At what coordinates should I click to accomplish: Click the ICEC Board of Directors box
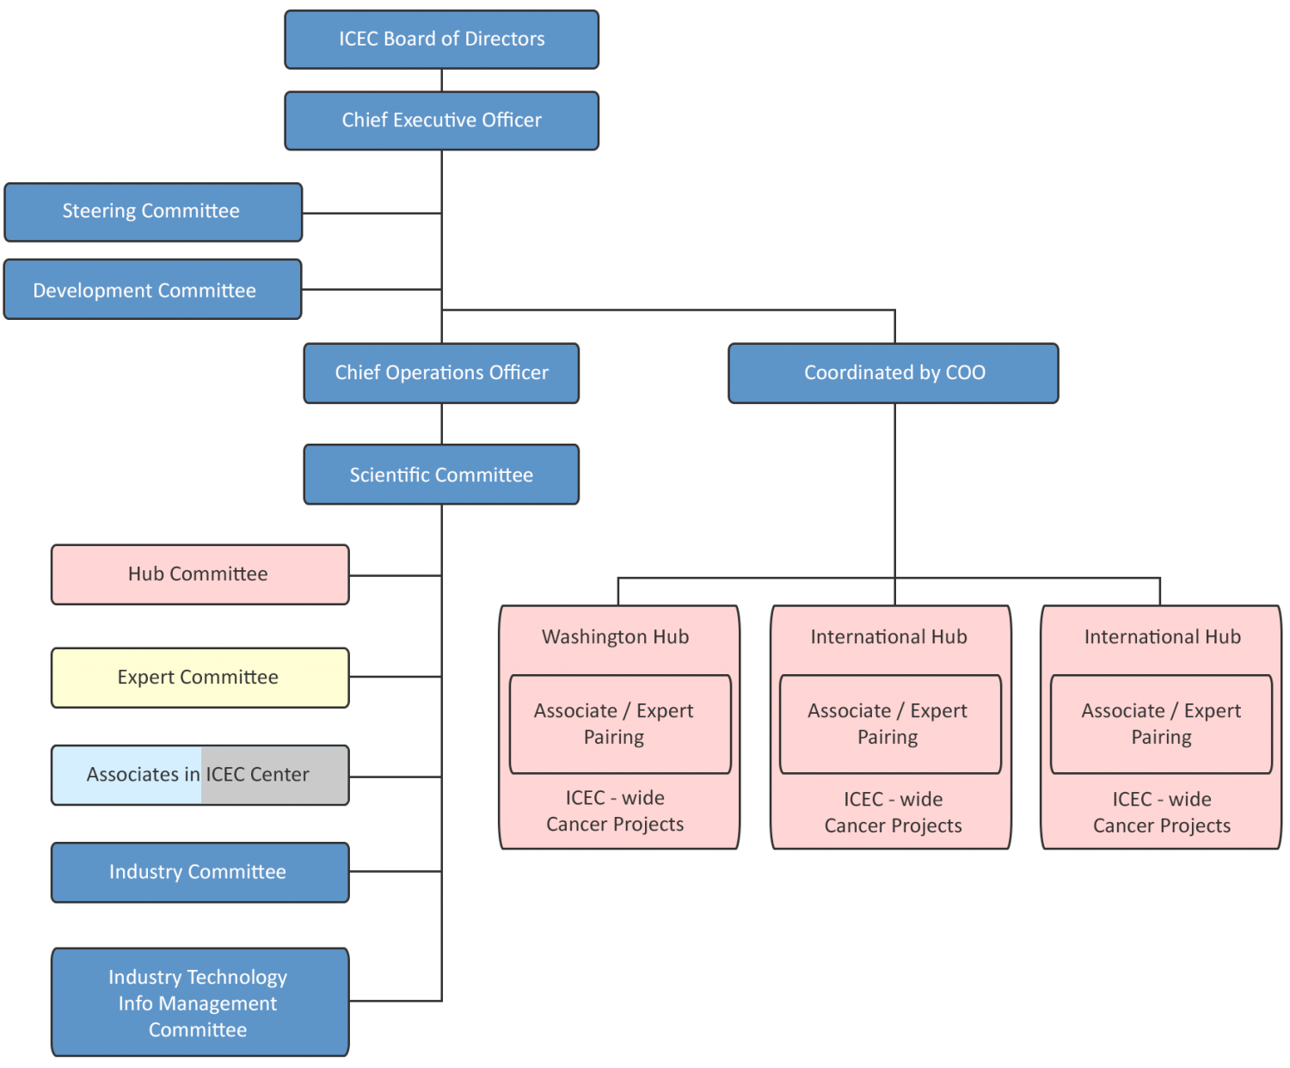[x=441, y=40]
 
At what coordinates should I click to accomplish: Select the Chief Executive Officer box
[x=441, y=120]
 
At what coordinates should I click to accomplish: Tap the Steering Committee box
[x=153, y=212]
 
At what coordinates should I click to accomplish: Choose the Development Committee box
[x=152, y=290]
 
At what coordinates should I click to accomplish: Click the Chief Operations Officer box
[x=441, y=373]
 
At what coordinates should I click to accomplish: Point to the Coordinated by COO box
[x=894, y=373]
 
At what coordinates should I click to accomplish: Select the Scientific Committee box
[x=441, y=475]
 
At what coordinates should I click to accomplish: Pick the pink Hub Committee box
[x=200, y=574]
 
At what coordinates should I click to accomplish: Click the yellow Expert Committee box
[x=200, y=678]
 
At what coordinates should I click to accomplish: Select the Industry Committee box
[x=200, y=872]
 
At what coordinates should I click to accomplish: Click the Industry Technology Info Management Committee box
[x=200, y=1003]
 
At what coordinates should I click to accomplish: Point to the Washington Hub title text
[x=615, y=637]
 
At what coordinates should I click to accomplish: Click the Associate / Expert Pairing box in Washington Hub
[x=619, y=724]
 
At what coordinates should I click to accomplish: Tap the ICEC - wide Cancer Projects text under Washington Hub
[x=615, y=811]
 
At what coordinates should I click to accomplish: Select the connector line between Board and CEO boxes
[x=441, y=80]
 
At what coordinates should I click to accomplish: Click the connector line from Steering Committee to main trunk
[x=372, y=212]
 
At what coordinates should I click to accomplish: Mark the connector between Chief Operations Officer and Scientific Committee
[x=441, y=423]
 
